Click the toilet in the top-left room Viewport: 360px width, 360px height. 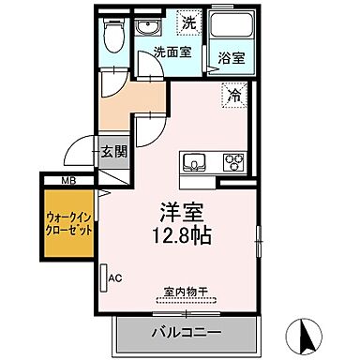[x=113, y=38]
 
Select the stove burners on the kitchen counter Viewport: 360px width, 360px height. [x=232, y=161]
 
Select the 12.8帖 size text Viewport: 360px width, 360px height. [x=178, y=233]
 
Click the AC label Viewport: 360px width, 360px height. [x=115, y=277]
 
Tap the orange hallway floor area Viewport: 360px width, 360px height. [x=117, y=111]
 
